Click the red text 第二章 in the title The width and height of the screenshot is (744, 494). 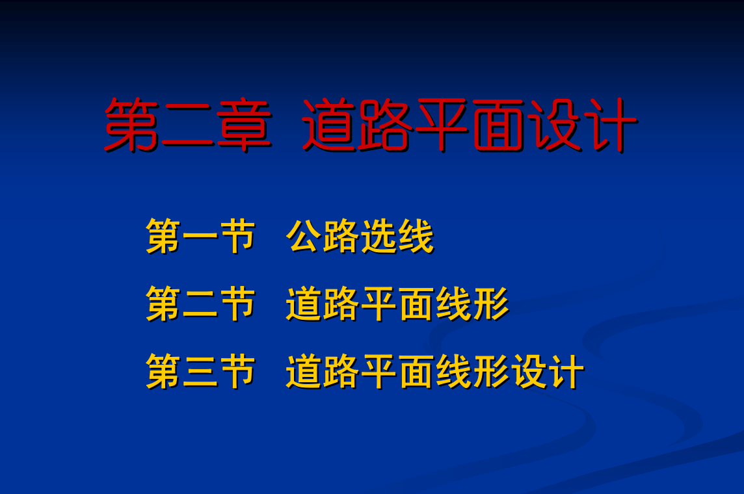click(187, 125)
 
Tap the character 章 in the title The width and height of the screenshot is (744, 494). click(244, 125)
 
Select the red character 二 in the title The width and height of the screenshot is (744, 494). click(187, 126)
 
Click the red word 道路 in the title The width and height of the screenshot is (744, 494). click(356, 125)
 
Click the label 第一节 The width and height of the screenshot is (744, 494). click(201, 236)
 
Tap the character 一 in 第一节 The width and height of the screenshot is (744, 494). click(201, 237)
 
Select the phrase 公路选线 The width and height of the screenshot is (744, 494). click(360, 236)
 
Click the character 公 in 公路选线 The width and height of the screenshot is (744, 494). click(304, 236)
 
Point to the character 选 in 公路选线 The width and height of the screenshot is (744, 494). click(379, 236)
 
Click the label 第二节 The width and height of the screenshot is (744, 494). click(201, 304)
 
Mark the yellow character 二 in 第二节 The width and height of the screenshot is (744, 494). click(201, 304)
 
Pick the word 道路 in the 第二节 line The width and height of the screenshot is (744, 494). click(323, 304)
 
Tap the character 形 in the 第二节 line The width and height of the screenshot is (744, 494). click(491, 304)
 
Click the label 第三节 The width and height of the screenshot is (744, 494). click(201, 372)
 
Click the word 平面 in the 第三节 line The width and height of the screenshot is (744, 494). click(397, 372)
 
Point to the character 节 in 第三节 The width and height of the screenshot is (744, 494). click(238, 372)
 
